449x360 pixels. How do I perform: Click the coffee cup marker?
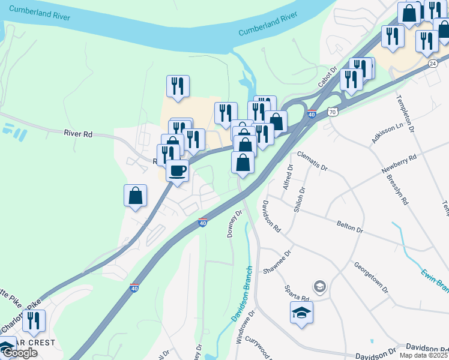coord(177,171)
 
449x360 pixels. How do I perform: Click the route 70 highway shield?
coord(333,112)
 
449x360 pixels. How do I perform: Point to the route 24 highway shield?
coord(432,62)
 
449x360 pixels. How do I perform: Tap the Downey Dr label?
coord(234,224)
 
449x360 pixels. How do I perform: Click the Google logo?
coord(19,353)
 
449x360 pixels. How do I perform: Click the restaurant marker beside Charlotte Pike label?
coord(34,321)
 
